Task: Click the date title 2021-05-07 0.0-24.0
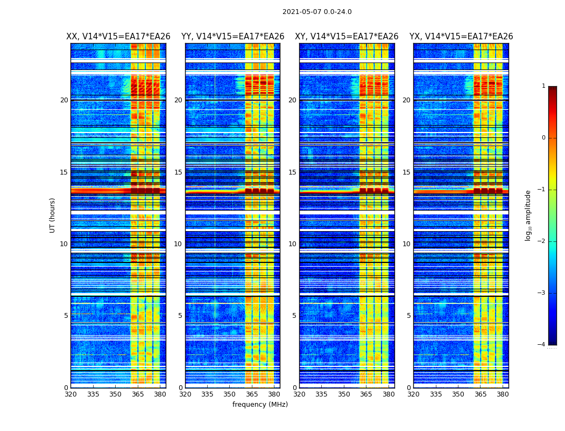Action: pos(317,12)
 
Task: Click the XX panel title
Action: pos(118,37)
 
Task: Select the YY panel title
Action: pos(232,37)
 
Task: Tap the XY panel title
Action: pos(347,37)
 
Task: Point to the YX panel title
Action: pos(461,37)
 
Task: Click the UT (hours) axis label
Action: pos(53,215)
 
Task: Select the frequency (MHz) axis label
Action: pos(260,405)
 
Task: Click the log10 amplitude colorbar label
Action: pos(528,215)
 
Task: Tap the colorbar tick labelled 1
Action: pos(543,86)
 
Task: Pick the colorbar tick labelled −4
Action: pos(542,345)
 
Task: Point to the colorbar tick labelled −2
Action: pos(542,241)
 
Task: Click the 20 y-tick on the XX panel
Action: pos(64,100)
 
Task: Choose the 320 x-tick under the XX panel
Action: pos(70,394)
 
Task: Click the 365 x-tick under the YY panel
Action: pos(252,394)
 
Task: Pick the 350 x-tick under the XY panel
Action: pos(344,394)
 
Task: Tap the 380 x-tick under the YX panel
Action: pos(503,394)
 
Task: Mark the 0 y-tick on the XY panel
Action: pos(294,388)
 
